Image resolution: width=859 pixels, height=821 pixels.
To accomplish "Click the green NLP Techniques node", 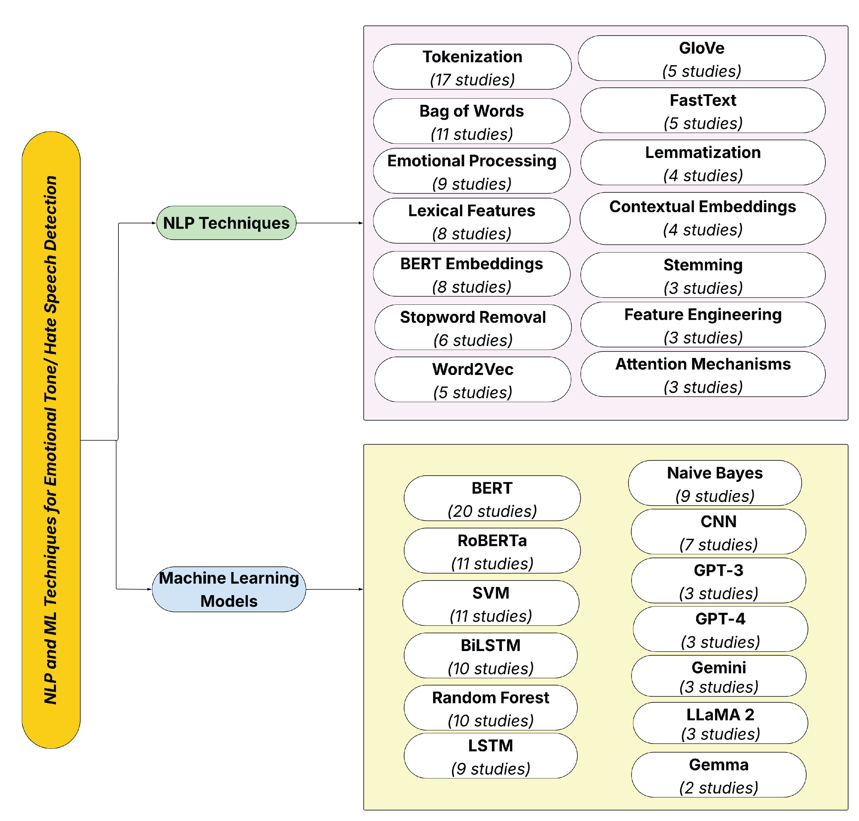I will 226,223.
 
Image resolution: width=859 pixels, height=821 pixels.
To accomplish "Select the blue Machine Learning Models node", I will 229,589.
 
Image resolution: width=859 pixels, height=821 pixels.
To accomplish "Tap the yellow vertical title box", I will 51,439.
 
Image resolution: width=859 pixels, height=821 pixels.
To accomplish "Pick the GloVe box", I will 701,58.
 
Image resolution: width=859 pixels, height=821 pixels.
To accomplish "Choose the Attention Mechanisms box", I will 702,374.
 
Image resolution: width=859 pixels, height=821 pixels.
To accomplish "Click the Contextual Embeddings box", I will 702,218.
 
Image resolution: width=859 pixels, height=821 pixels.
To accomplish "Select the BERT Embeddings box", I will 471,274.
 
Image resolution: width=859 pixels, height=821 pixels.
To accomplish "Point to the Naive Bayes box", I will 714,483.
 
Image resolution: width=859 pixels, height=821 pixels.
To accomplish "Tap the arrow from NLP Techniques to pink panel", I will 329,223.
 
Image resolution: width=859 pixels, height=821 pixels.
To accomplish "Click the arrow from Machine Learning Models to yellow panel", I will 334,589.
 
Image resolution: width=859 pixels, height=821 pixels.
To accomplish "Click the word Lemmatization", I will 702,152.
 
